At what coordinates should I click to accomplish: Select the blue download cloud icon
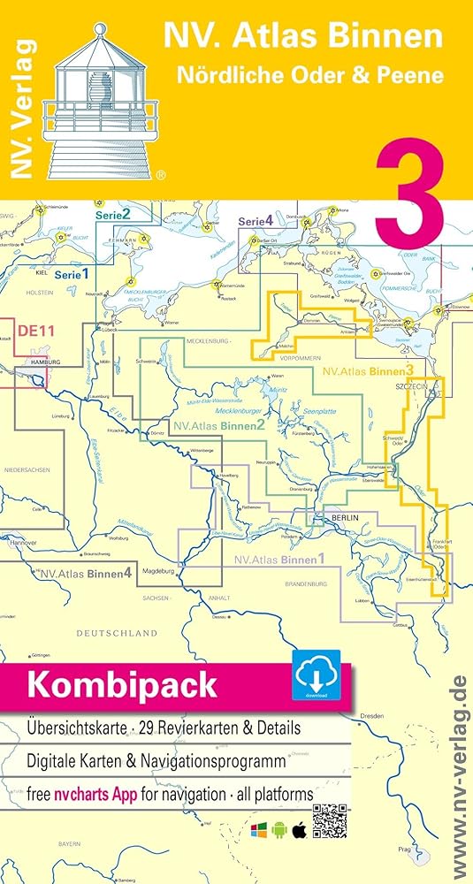pos(316,676)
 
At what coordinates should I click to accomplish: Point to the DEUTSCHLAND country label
pos(117,633)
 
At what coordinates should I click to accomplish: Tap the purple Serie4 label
pos(256,220)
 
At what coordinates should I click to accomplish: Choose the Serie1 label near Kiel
pos(72,275)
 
